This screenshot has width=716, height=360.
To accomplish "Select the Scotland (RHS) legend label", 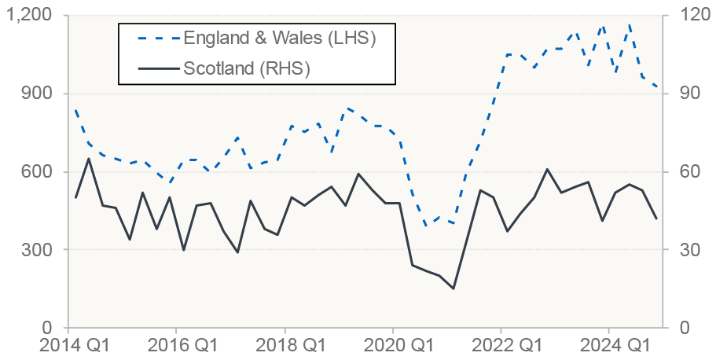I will pyautogui.click(x=247, y=68).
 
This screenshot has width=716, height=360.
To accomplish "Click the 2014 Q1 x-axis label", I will pyautogui.click(x=69, y=347).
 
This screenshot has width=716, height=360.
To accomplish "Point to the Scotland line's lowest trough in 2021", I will pyautogui.click(x=453, y=288).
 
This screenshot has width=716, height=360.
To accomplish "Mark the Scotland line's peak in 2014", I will pyautogui.click(x=88, y=158).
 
